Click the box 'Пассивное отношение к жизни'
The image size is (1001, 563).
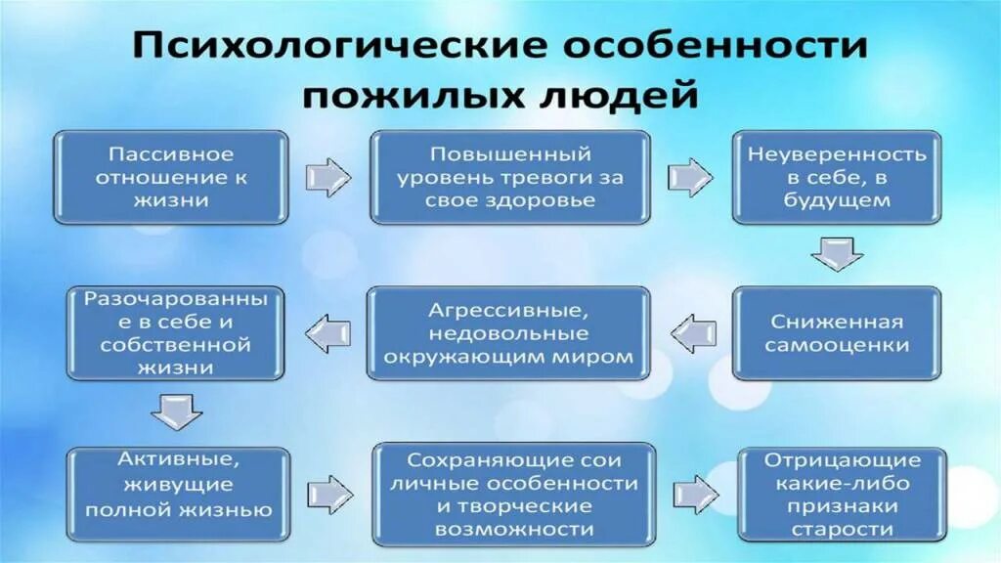[x=171, y=177]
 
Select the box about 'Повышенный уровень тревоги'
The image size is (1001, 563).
[x=509, y=177]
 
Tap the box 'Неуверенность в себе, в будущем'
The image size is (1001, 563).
[x=837, y=177]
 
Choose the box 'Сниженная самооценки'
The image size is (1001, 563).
[x=837, y=333]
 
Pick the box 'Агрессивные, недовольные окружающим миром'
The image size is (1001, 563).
[x=509, y=333]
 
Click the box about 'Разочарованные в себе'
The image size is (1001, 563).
[x=171, y=333]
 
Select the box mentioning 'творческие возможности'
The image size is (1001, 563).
[x=514, y=494]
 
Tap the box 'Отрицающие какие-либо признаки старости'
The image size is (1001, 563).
[x=843, y=494]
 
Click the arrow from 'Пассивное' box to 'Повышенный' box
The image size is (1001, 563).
[x=328, y=178]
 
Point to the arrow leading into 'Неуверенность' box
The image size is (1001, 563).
[x=691, y=178]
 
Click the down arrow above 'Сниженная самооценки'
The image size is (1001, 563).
[x=837, y=253]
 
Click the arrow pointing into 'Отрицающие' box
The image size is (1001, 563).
[x=694, y=493]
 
